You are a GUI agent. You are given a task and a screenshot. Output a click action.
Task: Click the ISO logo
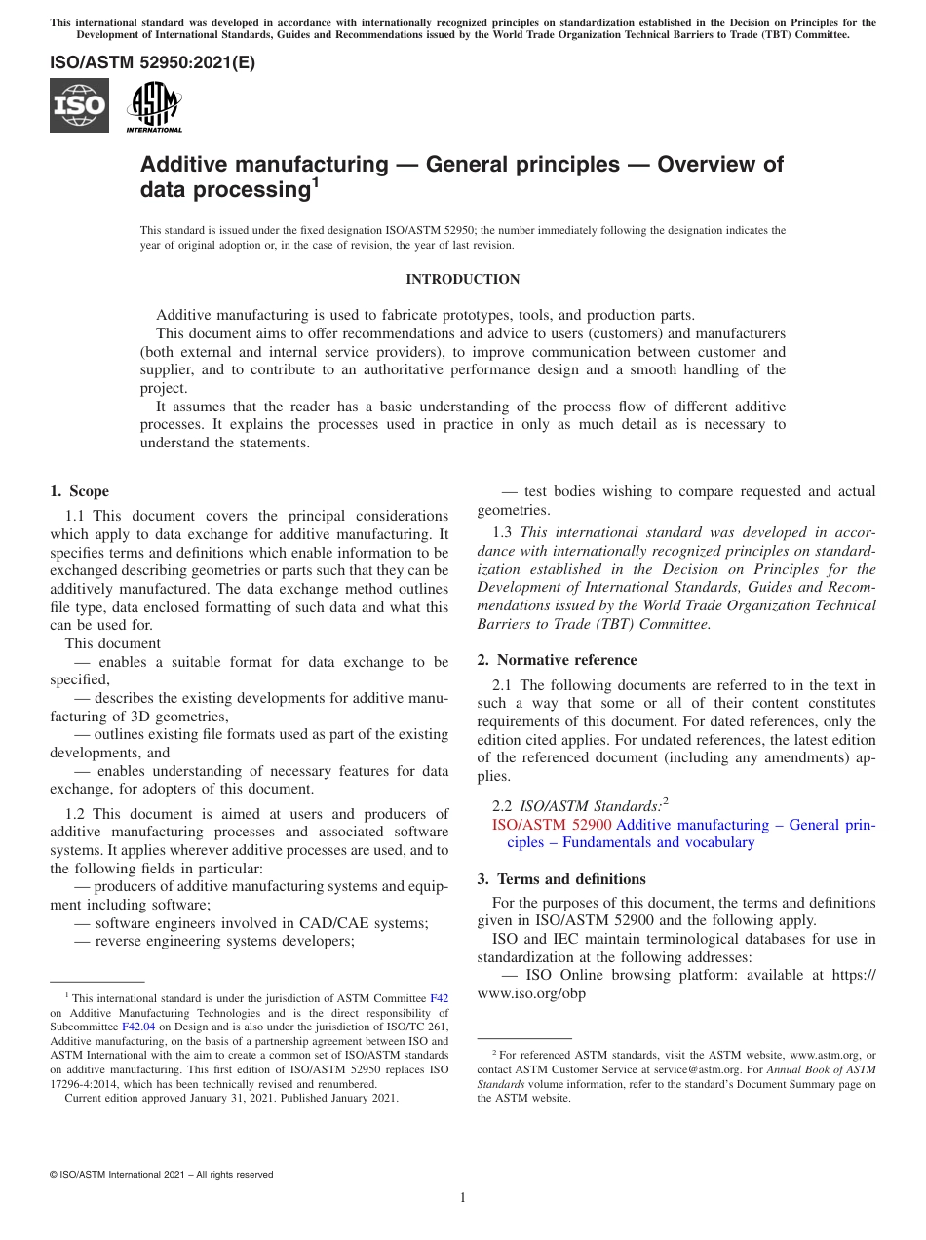coord(79,105)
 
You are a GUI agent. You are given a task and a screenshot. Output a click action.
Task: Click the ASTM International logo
coord(154,106)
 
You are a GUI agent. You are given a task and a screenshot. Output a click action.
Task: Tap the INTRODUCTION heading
coord(462,280)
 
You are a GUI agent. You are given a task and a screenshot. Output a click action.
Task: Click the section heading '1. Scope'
coord(79,491)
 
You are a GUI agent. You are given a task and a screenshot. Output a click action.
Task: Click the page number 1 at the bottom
coord(463,1197)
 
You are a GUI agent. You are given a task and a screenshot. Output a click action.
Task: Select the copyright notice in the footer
coord(162,1175)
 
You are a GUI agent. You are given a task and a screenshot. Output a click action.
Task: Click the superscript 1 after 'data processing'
coord(315,181)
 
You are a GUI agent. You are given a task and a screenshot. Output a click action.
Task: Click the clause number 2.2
coord(502,807)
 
